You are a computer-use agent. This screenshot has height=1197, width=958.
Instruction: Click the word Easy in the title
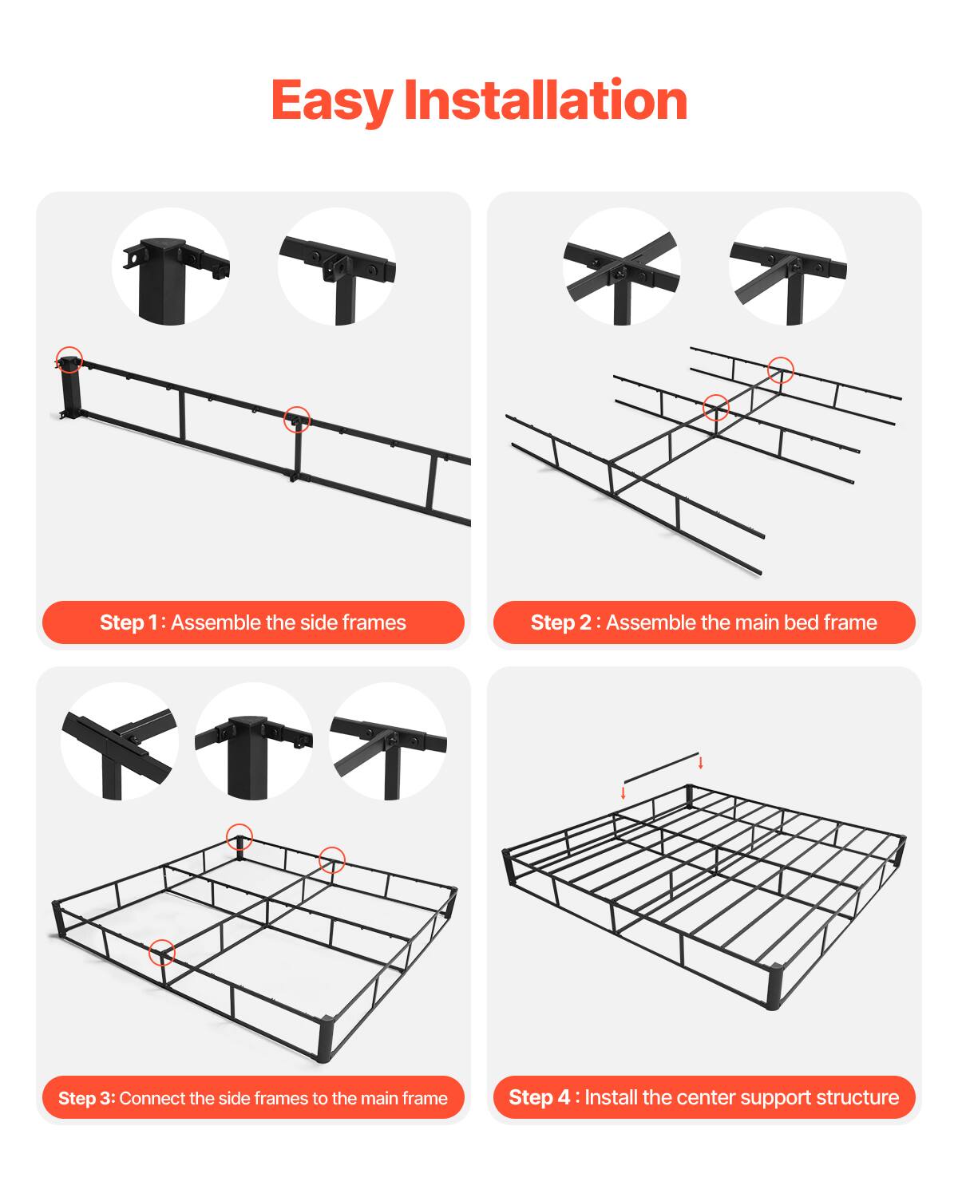pos(331,101)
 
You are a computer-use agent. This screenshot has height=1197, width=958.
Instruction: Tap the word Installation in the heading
pos(545,101)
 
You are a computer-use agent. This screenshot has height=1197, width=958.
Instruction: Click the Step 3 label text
pos(86,1098)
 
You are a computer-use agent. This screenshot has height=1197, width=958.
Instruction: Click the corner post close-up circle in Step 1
pos(171,267)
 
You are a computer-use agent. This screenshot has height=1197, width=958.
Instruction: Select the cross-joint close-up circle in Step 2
pos(622,267)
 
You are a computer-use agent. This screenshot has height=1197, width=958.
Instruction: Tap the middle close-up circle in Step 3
pos(253,741)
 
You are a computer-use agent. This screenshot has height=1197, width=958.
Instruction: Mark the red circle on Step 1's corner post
pos(69,360)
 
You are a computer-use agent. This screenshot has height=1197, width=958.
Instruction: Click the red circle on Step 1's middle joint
pos(297,419)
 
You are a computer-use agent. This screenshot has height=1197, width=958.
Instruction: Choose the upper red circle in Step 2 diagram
pos(781,369)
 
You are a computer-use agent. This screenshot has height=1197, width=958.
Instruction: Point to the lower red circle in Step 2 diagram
pos(716,408)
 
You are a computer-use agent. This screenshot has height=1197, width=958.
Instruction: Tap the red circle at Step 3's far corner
pos(239,837)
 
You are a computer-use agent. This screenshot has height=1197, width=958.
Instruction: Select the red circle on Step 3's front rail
pos(162,952)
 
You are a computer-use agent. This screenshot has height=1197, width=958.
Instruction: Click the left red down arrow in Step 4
pos(623,793)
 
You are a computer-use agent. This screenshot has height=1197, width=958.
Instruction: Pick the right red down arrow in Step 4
pos(701,762)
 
